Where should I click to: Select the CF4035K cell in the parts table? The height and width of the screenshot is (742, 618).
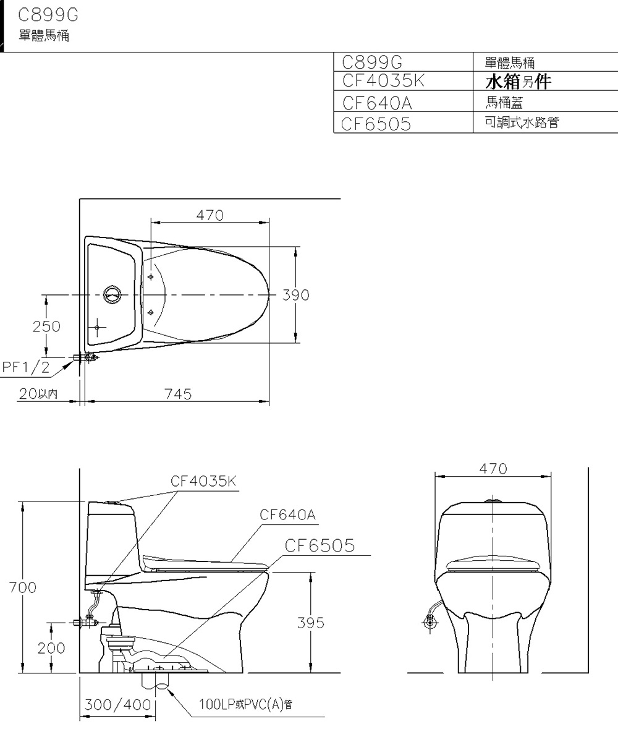(x=383, y=81)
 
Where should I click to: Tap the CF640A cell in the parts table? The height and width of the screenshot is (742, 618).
(x=376, y=102)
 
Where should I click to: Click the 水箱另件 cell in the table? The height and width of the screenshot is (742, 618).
(x=518, y=82)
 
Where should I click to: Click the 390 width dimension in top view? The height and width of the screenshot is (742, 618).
(x=295, y=295)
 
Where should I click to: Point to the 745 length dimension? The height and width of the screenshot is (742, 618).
(x=178, y=394)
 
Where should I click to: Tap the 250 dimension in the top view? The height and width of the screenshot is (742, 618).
(x=47, y=326)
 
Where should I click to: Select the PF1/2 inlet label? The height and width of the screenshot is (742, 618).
(x=26, y=367)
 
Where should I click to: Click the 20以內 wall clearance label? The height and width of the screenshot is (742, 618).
(x=37, y=394)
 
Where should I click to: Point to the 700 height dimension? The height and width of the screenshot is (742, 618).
(x=22, y=587)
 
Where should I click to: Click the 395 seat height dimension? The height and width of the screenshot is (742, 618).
(x=310, y=623)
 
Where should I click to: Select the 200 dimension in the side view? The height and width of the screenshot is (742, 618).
(x=51, y=647)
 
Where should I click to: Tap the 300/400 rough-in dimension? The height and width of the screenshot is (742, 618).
(x=117, y=704)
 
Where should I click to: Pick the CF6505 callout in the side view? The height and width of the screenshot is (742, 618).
(x=320, y=545)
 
